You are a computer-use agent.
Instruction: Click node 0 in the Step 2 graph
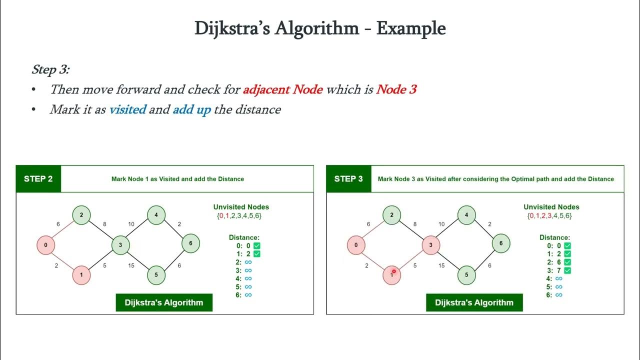click(45, 245)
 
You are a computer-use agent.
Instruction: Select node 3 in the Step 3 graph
click(430, 245)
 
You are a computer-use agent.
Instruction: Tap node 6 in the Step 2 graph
click(190, 243)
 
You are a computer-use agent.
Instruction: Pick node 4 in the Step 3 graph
click(466, 215)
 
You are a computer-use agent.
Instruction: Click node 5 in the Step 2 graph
click(156, 274)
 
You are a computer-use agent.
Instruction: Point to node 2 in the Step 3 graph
click(391, 215)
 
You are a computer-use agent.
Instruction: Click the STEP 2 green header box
click(38, 179)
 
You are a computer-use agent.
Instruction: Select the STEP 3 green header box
click(348, 179)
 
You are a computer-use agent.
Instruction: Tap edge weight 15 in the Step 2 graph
click(131, 265)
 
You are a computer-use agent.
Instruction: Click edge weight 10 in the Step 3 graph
click(441, 224)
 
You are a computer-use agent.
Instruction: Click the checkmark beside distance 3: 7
click(567, 270)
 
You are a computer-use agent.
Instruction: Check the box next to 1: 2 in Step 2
click(256, 254)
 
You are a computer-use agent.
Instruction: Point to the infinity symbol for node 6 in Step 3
click(559, 295)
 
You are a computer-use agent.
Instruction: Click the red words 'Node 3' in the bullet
click(396, 89)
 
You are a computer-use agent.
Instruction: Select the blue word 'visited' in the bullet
click(127, 109)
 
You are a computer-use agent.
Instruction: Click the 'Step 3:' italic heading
click(50, 69)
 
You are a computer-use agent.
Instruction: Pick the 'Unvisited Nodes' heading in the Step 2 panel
click(241, 207)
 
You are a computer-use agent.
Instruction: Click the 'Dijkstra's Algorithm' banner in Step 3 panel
click(474, 302)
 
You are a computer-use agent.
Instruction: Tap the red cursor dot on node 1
click(393, 271)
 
